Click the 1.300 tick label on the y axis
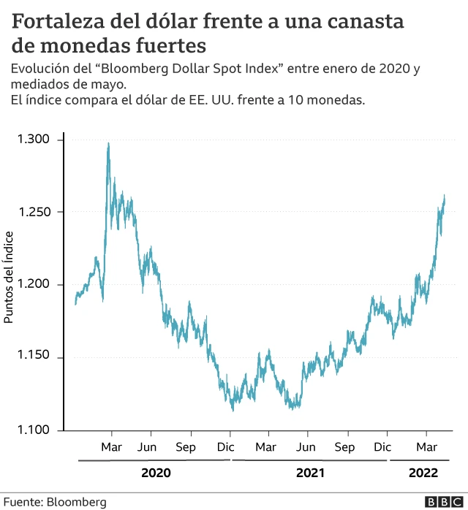click(34, 140)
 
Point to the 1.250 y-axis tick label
click(34, 212)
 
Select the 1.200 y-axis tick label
click(34, 285)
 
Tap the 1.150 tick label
click(34, 357)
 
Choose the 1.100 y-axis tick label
click(34, 430)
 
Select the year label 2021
click(310, 473)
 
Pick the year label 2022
click(423, 473)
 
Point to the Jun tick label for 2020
click(148, 446)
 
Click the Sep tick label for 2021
click(345, 446)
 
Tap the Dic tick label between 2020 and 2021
click(225, 446)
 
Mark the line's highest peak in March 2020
click(108, 144)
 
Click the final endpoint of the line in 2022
click(445, 196)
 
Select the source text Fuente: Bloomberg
click(55, 502)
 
